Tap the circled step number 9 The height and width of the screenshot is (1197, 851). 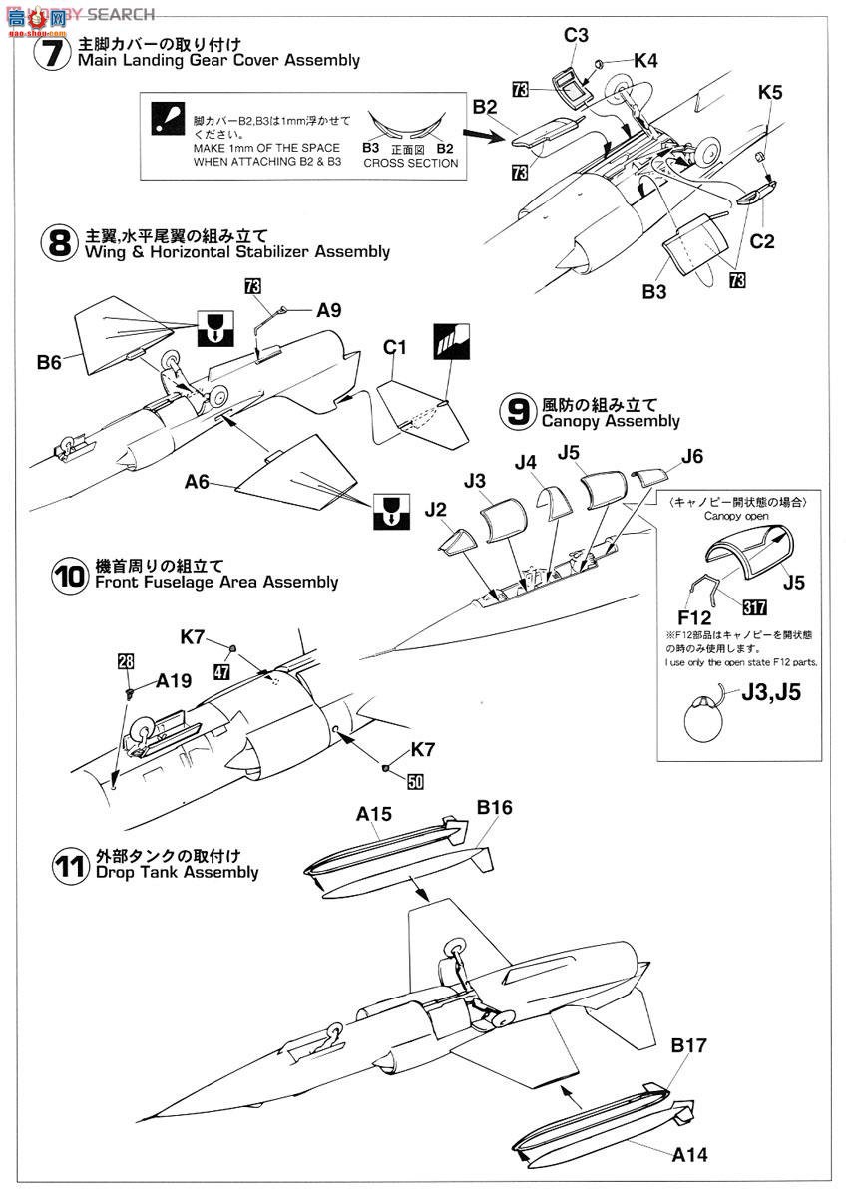click(x=518, y=412)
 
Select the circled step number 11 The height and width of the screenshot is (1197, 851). click(x=69, y=864)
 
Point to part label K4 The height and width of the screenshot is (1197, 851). click(x=645, y=61)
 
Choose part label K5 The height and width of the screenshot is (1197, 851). click(x=770, y=93)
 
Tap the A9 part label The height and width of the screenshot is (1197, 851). click(x=332, y=311)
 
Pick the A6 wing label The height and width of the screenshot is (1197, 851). click(x=198, y=481)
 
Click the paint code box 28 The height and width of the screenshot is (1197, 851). click(x=124, y=661)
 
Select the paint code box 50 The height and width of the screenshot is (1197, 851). click(x=415, y=782)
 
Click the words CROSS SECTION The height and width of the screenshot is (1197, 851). click(x=411, y=163)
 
